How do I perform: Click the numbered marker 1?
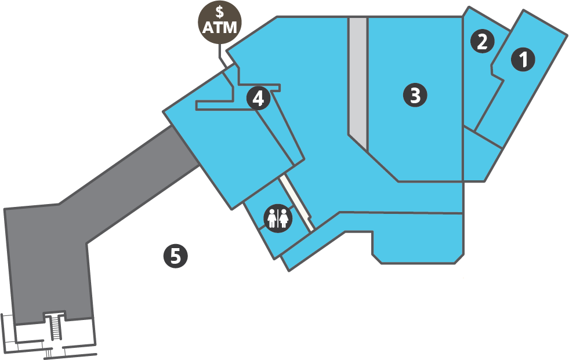(x=523, y=60)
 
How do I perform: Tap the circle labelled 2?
(x=482, y=41)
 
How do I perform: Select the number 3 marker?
(x=415, y=95)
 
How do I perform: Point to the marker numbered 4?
(x=258, y=98)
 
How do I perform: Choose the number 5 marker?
(x=175, y=255)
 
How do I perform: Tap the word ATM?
(x=220, y=26)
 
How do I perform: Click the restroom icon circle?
(x=278, y=219)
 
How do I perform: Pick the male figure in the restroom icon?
(x=272, y=219)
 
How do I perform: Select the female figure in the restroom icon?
(x=284, y=219)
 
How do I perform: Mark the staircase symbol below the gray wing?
(x=56, y=327)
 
